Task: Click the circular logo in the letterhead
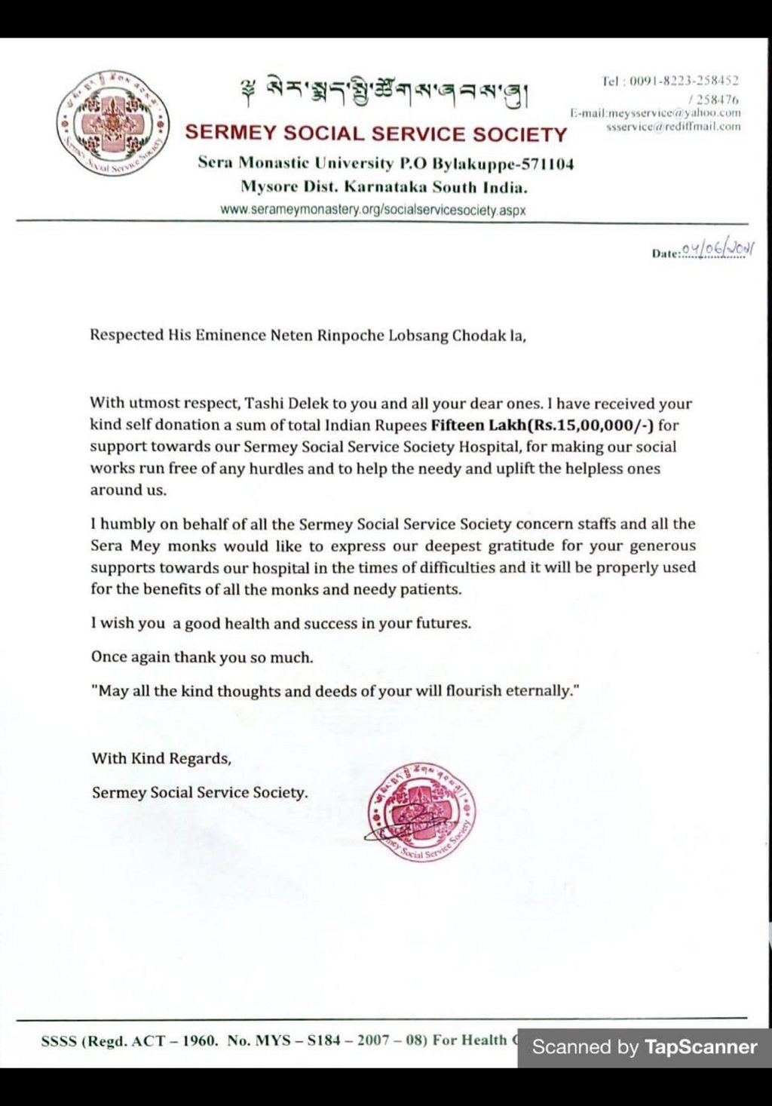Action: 112,123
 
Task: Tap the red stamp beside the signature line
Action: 421,813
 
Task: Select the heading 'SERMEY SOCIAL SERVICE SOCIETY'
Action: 376,134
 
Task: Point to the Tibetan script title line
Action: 385,94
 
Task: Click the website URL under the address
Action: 373,210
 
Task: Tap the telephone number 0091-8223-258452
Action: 684,81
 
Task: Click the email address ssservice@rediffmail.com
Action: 673,127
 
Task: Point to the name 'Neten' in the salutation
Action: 291,335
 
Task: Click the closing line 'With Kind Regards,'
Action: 161,758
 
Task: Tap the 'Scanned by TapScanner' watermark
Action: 645,1046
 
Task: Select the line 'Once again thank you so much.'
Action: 202,657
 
